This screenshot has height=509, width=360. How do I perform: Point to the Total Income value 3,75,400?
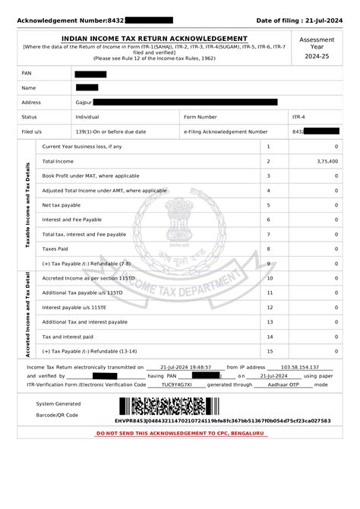(327, 161)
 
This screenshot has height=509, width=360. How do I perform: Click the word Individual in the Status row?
(88, 117)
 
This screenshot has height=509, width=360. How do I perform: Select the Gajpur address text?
(84, 102)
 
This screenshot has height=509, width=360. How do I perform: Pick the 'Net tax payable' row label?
(62, 205)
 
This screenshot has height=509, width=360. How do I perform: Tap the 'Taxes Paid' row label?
(55, 248)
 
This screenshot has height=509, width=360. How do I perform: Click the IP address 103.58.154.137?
(300, 366)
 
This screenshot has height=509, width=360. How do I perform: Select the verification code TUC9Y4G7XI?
(177, 385)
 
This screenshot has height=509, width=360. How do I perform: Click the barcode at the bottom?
(171, 406)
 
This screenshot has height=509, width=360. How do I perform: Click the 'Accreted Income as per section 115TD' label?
(88, 278)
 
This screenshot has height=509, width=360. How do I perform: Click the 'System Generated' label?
(58, 403)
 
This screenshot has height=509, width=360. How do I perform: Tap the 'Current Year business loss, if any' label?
(82, 147)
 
